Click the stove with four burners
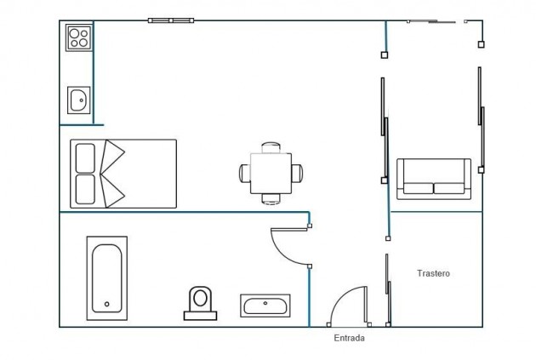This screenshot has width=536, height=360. [x=79, y=38]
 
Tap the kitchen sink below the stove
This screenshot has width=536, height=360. [x=79, y=100]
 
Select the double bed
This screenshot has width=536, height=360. [x=123, y=174]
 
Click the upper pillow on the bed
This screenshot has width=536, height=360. [x=85, y=157]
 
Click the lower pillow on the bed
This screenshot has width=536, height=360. [x=85, y=189]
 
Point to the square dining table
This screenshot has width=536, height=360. [x=271, y=173]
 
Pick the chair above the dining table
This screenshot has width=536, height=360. [x=271, y=147]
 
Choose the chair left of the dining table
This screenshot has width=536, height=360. [x=245, y=173]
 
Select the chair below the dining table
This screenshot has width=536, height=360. [x=271, y=198]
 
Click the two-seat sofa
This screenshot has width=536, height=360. [x=434, y=179]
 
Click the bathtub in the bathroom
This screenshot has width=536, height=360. [x=107, y=278]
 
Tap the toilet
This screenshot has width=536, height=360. [x=201, y=301]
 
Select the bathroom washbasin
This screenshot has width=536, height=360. [x=265, y=305]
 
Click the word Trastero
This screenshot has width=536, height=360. [x=433, y=274]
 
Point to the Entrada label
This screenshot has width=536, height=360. [x=349, y=338]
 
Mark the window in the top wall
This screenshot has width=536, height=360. [x=171, y=20]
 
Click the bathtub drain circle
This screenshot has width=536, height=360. [x=107, y=304]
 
